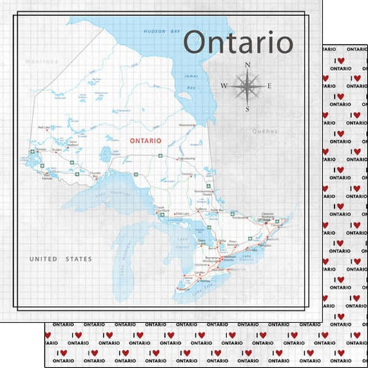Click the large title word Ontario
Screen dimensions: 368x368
(239, 43)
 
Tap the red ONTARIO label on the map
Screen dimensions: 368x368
(146, 140)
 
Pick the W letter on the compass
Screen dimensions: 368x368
(223, 86)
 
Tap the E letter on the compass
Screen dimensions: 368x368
(269, 86)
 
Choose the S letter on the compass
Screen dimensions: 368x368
(247, 108)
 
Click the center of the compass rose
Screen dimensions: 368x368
(247, 86)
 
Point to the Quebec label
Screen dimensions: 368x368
(267, 130)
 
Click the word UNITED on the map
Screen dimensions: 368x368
(42, 259)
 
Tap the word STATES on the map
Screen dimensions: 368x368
(78, 259)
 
